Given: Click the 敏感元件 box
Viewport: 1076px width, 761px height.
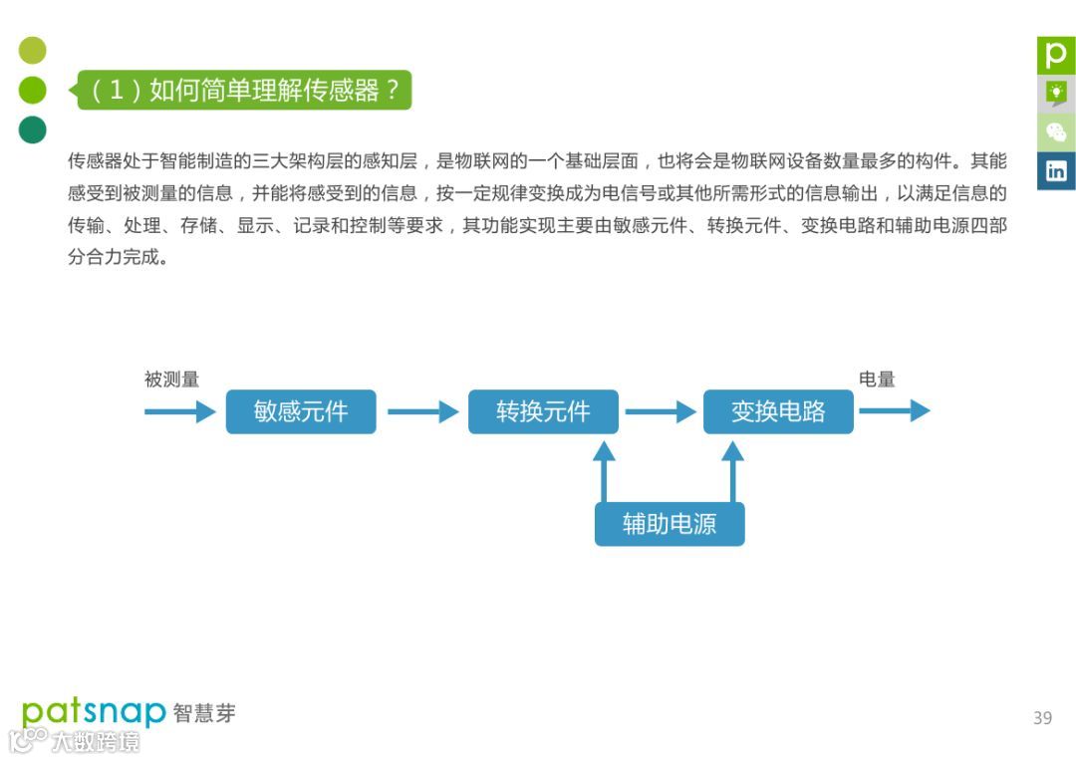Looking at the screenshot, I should coord(301,411).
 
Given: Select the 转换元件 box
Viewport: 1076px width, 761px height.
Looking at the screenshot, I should coord(543,411).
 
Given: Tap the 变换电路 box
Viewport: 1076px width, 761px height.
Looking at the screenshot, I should coord(778,411).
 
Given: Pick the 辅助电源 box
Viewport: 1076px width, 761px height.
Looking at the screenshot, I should coord(670,524).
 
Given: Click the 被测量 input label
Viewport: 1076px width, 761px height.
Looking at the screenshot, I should coord(171,380).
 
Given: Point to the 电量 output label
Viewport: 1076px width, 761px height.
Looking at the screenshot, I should coord(877,380).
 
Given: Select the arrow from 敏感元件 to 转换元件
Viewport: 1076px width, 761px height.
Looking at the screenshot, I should coord(422,411).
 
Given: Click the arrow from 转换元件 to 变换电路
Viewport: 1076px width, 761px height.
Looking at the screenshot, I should coord(661,411).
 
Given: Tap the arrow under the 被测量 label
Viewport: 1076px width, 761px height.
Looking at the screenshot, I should coord(180,411).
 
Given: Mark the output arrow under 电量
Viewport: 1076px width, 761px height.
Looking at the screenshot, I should coord(894,411).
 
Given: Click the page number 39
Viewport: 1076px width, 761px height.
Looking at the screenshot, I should coord(1042,717).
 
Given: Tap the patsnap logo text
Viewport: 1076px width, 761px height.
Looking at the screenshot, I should coord(94,711).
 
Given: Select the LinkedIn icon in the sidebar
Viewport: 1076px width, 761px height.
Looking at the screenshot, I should coord(1056,170).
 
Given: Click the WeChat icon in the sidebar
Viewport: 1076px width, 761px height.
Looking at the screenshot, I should coord(1056,131).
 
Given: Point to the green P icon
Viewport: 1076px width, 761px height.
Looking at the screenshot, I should coord(1056,55).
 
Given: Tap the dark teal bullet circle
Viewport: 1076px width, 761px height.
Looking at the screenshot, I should coord(33,129).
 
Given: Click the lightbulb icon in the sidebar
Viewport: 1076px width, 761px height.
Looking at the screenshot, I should coord(1056,94).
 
